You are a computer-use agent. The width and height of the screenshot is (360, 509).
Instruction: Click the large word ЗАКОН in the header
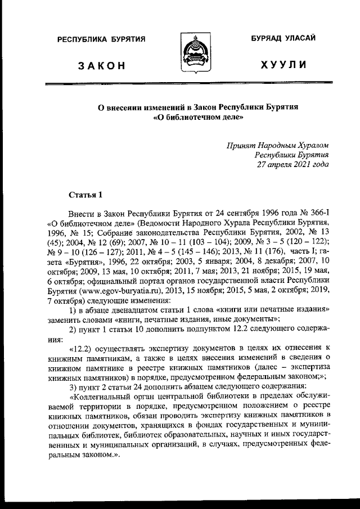[x=102, y=66]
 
